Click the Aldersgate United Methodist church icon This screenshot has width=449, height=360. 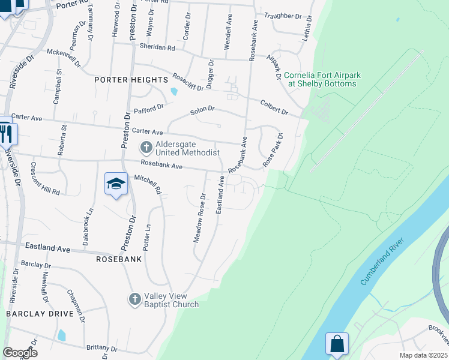pyautogui.click(x=146, y=147)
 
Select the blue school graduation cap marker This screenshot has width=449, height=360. pyautogui.click(x=116, y=184)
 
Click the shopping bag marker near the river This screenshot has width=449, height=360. pyautogui.click(x=337, y=344)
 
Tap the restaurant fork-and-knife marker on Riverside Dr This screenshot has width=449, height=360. pyautogui.click(x=6, y=133)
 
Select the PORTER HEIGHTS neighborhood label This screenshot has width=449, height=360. pyautogui.click(x=131, y=80)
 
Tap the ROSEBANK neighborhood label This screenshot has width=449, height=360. pyautogui.click(x=119, y=259)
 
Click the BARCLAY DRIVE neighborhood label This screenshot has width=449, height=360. pyautogui.click(x=40, y=313)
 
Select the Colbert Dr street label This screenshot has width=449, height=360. pyautogui.click(x=274, y=107)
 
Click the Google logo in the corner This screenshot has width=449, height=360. pyautogui.click(x=20, y=353)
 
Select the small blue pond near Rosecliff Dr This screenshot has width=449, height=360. pyautogui.click(x=174, y=92)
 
